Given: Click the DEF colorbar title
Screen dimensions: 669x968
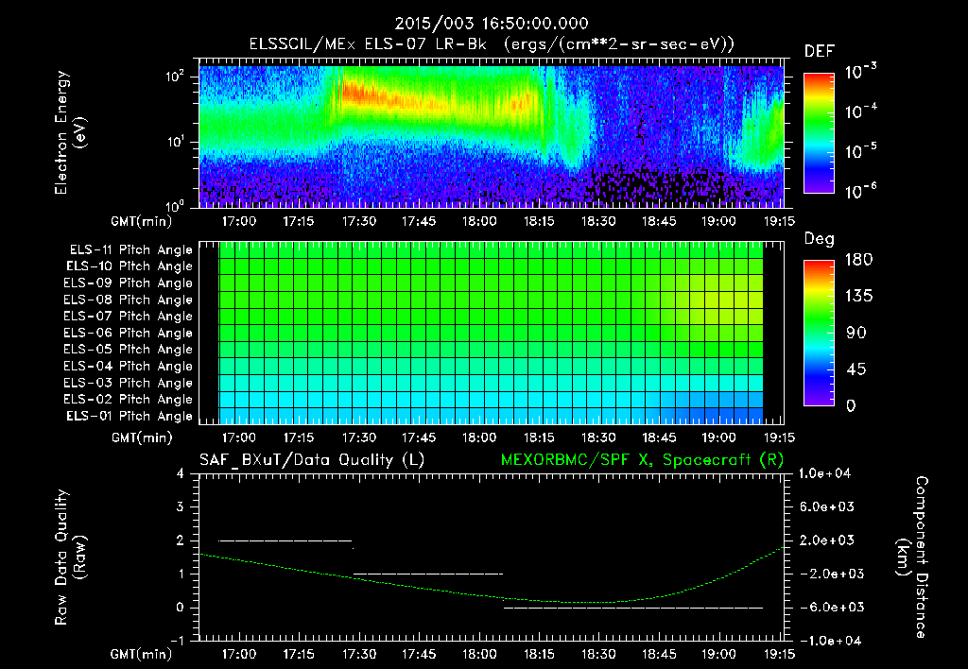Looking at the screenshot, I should tap(819, 53).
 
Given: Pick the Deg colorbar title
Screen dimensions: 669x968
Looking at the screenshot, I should tap(818, 240).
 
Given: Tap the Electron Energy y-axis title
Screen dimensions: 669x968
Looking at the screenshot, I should tap(69, 134).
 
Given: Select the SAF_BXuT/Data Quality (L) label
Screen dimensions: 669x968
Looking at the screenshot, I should tap(310, 459).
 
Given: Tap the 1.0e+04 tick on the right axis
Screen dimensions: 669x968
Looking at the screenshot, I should tap(827, 474).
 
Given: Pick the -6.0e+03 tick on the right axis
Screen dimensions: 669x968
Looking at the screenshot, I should tap(827, 607).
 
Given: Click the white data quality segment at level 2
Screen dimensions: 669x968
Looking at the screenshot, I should tap(285, 540).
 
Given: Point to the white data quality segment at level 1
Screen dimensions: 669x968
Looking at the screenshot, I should tap(427, 574).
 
